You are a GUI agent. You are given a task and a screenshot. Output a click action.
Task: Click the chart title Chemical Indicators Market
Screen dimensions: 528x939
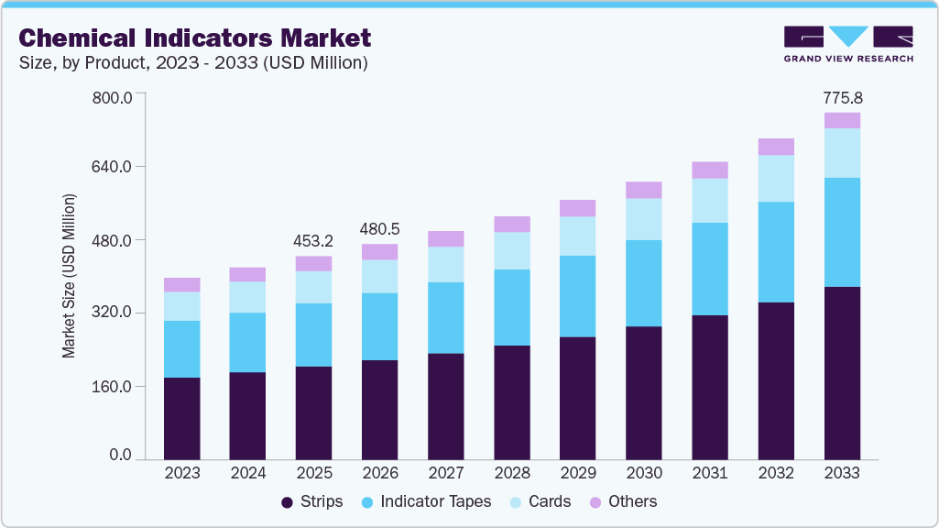pos(195,38)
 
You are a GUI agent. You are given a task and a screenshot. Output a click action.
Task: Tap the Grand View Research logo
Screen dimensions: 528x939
pos(847,44)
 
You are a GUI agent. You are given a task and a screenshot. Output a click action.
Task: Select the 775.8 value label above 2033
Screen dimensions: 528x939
pos(842,97)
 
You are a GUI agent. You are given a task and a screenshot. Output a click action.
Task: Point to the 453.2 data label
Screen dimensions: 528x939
pos(314,241)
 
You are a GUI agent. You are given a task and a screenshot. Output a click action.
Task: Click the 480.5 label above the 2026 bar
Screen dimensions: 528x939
pos(380,229)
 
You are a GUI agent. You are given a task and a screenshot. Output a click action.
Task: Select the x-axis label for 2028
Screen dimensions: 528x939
pos(512,473)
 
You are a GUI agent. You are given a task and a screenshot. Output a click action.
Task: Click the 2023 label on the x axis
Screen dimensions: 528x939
pos(182,473)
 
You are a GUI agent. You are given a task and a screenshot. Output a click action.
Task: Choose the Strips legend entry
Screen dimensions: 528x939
pos(311,501)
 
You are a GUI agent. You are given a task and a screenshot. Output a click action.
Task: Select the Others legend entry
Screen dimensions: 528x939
pos(623,501)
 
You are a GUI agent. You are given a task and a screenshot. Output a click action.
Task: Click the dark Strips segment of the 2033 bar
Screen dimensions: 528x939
pos(842,372)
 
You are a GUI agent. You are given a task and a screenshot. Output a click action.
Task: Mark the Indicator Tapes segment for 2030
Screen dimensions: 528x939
pos(644,282)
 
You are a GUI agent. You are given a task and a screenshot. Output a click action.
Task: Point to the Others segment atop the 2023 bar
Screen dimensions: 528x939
pos(182,284)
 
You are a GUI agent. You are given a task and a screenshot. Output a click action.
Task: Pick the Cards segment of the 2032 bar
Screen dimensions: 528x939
pos(776,178)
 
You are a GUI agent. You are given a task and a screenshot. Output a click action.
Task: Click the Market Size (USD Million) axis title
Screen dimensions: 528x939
pos(70,276)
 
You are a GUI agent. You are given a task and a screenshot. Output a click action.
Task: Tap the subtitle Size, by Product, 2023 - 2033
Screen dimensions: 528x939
pos(193,62)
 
